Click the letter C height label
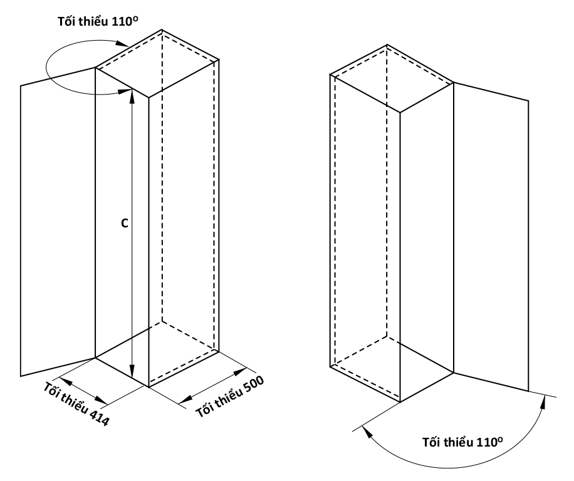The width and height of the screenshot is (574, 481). tap(125, 223)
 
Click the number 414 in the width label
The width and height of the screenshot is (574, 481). tap(99, 416)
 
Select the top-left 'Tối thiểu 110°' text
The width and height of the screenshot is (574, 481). tap(98, 21)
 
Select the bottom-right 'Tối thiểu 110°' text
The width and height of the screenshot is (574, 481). tap(462, 442)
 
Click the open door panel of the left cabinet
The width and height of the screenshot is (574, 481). tap(58, 221)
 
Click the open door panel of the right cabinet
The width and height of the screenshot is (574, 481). tap(491, 237)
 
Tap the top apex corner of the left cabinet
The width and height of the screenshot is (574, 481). tap(162, 29)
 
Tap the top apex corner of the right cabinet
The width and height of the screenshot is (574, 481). tap(387, 44)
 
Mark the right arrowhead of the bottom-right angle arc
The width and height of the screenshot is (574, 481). tap(543, 401)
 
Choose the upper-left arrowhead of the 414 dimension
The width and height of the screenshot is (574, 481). tap(65, 381)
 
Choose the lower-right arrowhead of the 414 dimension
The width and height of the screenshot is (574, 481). tap(101, 400)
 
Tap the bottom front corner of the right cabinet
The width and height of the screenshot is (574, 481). tap(400, 402)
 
